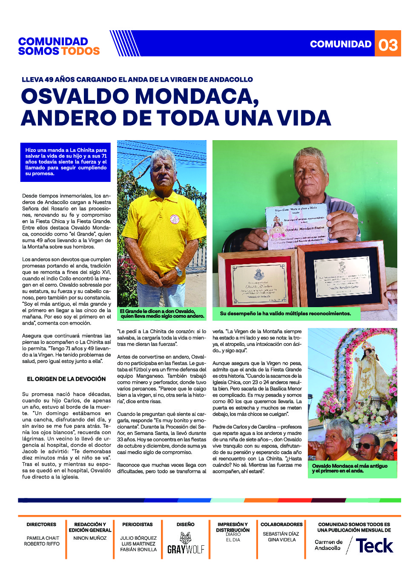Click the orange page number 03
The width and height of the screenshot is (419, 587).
pyautogui.click(x=388, y=44)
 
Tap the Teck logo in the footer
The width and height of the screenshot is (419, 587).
pyautogui.click(x=374, y=546)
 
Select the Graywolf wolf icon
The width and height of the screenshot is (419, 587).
pyautogui.click(x=186, y=538)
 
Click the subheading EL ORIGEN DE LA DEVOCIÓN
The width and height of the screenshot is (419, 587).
pyautogui.click(x=66, y=379)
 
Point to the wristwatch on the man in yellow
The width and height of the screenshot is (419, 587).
pyautogui.click(x=178, y=271)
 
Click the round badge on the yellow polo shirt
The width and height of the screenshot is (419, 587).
pyautogui.click(x=175, y=219)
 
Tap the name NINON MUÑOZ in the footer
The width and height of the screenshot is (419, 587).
pyautogui.click(x=90, y=538)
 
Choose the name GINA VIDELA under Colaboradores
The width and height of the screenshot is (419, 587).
pyautogui.click(x=281, y=540)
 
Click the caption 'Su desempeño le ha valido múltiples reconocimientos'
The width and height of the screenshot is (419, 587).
pyautogui.click(x=285, y=314)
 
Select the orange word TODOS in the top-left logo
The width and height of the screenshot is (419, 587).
pyautogui.click(x=80, y=51)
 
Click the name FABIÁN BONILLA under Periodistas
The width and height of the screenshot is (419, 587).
pyautogui.click(x=138, y=550)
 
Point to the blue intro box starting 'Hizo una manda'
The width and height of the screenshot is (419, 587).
pyautogui.click(x=66, y=162)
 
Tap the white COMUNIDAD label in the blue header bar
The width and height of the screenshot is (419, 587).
pyautogui.click(x=341, y=44)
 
